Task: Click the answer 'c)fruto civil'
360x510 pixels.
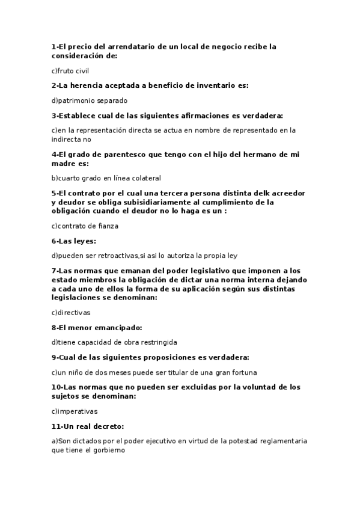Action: tap(70, 71)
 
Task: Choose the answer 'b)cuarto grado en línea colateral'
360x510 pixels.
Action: tap(106, 178)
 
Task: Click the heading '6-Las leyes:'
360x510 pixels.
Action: tap(74, 241)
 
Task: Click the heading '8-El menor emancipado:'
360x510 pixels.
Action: tap(96, 327)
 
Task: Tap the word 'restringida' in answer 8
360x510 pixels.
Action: tap(158, 342)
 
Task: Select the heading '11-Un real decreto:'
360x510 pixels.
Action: tap(88, 426)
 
